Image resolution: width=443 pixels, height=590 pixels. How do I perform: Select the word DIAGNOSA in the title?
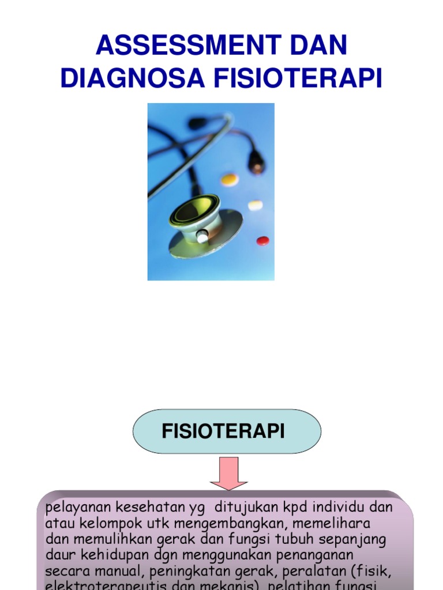(133, 79)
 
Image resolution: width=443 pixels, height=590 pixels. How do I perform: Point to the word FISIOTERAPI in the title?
(298, 79)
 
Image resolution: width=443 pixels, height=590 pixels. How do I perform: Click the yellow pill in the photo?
(230, 179)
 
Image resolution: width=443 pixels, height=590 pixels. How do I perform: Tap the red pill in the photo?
(262, 240)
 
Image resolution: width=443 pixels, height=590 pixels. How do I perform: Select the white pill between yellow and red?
(255, 205)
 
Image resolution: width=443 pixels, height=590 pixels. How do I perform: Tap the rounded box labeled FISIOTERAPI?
(227, 432)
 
